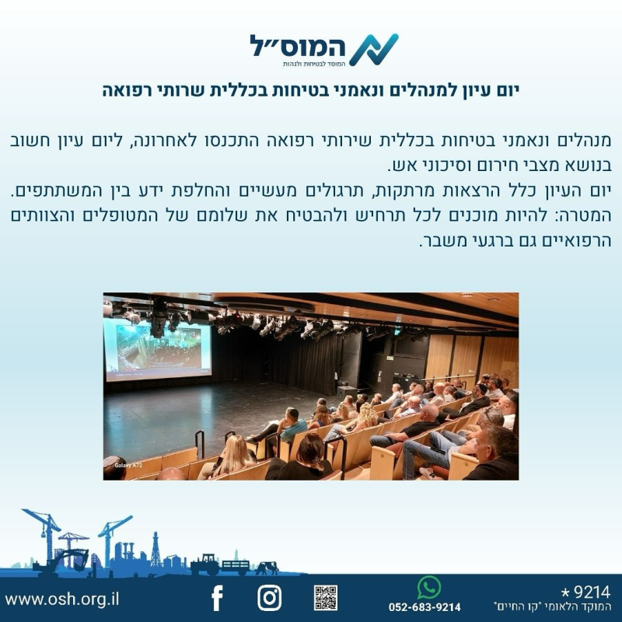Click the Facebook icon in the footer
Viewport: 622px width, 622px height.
218,598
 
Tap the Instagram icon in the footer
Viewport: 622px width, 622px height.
269,598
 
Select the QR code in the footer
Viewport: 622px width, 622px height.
326,598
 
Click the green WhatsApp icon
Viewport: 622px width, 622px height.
429,588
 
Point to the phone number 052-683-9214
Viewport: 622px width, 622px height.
425,607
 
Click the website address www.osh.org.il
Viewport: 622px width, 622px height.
62,599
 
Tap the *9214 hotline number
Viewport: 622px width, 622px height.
585,592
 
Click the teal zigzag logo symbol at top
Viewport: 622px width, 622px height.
374,50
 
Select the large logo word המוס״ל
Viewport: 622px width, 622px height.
297,46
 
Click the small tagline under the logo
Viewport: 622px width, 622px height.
314,64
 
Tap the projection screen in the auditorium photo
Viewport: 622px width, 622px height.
158,349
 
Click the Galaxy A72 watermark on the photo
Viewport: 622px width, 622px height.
128,465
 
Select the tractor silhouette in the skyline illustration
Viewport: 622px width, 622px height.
205,564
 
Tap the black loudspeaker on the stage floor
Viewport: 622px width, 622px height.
347,393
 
